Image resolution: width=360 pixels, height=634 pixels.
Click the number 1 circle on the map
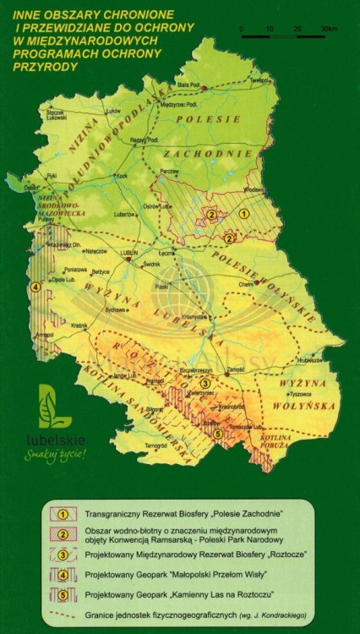243,215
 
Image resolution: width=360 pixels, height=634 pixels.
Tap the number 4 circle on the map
35,287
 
